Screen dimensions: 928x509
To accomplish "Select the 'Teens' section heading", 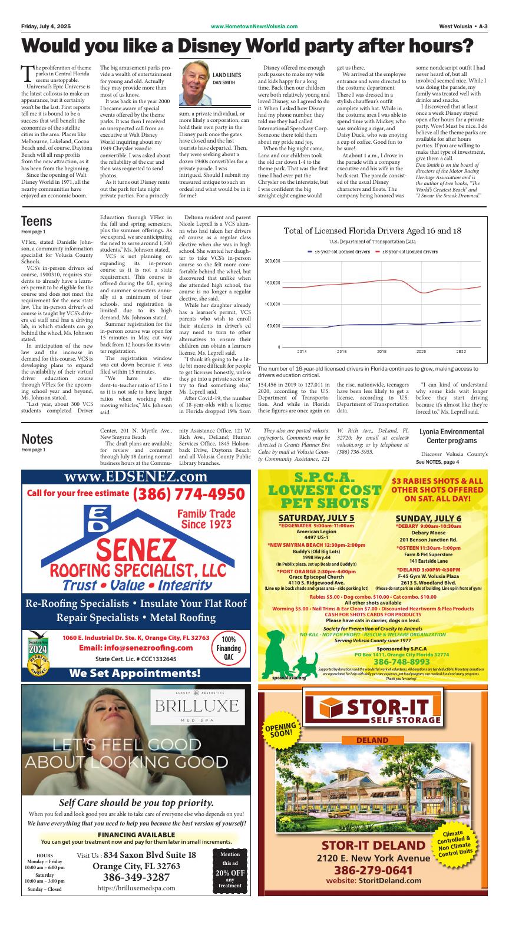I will coord(37,221).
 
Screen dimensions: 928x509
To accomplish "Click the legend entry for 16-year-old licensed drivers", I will coord(339,251).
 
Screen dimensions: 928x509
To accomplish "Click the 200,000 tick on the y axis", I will coord(272,261).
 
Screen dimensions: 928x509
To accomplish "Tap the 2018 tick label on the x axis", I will coord(381,351).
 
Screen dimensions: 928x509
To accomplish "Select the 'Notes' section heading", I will coord(37,439).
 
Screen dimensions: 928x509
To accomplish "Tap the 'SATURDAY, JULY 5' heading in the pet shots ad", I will coord(316,518).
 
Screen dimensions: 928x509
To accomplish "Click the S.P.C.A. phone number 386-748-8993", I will coord(395,661).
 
